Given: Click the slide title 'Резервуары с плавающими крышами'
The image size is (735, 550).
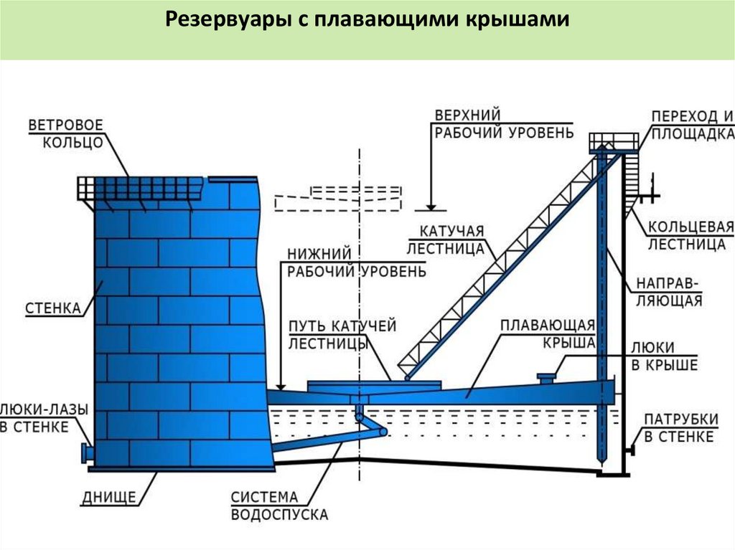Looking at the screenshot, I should pos(367,19).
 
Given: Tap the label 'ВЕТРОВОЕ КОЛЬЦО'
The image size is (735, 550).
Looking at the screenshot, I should pos(65,133).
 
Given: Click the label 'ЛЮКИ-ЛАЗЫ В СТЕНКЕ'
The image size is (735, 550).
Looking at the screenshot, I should pos(44,418).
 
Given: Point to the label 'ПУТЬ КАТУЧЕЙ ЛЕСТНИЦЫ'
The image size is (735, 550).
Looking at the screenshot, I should pos(342,335).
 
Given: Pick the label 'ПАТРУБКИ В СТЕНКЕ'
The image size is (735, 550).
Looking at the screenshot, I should pos(678,428).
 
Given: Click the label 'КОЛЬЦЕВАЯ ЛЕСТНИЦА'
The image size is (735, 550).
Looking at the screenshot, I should pos(690,236).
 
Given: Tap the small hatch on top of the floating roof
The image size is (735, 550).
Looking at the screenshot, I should pos(548,376).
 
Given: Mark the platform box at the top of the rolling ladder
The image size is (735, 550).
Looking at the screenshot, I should pos(613,141).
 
